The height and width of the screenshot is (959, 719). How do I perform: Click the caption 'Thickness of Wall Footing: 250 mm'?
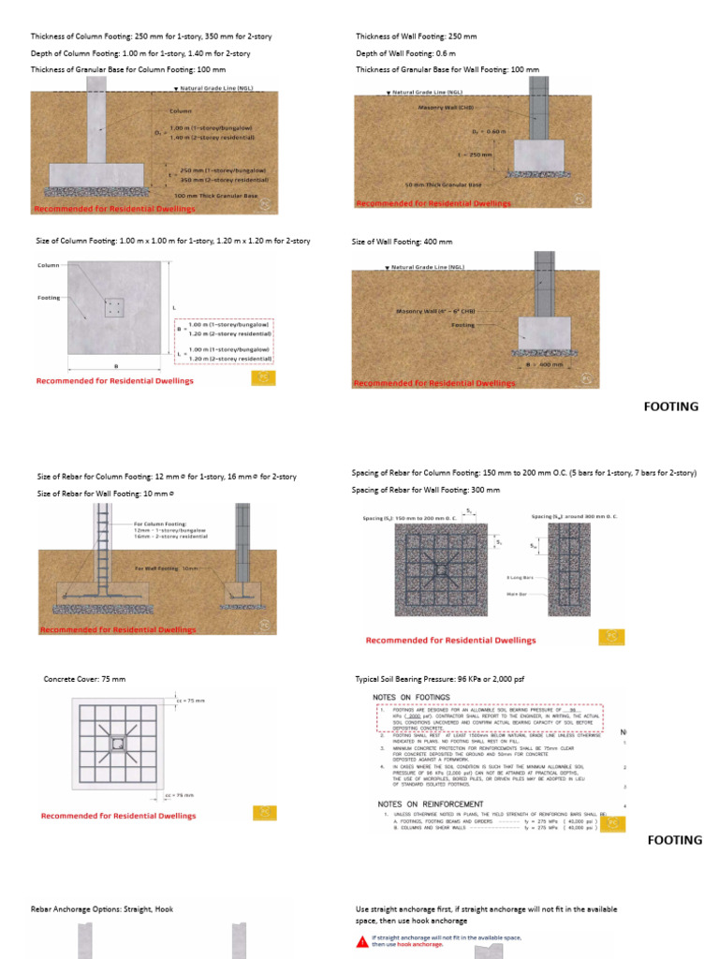[416, 37]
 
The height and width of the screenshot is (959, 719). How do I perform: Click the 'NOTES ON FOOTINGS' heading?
[411, 698]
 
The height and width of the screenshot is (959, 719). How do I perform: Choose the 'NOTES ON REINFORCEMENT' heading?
[430, 804]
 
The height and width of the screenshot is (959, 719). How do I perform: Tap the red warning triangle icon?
[362, 940]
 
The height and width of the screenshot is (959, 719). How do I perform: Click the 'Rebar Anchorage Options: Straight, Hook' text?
[102, 909]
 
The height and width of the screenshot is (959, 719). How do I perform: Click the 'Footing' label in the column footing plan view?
[49, 298]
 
